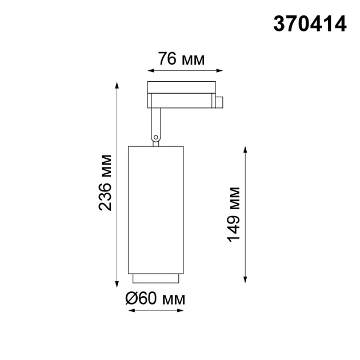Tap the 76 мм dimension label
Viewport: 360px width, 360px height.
pos(180,58)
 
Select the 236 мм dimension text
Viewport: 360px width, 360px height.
pos(105,182)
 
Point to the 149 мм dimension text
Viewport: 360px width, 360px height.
pos(234,213)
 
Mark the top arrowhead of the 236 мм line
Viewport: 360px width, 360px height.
pos(118,85)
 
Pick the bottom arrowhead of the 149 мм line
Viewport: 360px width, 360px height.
pos(246,278)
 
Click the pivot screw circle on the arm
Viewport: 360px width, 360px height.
pos(155,137)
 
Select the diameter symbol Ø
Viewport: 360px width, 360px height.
pos(131,299)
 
